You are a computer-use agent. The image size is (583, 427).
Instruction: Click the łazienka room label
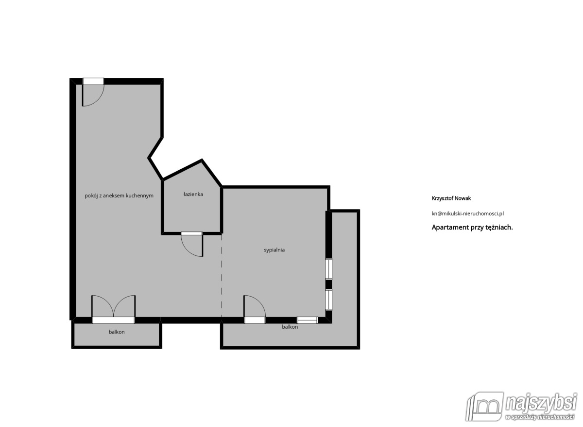193,195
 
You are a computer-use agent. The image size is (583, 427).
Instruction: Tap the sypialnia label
274,250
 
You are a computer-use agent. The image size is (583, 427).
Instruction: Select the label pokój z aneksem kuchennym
119,196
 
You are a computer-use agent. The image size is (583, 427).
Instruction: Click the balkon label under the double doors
117,332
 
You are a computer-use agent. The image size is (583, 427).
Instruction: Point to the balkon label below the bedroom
290,327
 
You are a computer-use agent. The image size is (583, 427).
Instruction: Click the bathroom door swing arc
192,245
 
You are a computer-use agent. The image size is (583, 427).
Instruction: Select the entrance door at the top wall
93,92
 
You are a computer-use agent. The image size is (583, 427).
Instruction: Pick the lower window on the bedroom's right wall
329,300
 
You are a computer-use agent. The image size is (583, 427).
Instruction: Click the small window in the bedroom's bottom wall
307,320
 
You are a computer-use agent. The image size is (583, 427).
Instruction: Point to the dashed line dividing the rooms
222,277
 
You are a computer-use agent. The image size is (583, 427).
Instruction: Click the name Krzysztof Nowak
451,198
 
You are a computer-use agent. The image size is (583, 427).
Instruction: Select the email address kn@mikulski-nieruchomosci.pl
467,213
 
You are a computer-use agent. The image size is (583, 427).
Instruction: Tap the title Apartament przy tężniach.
472,227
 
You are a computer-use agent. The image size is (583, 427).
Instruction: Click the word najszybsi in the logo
540,404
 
